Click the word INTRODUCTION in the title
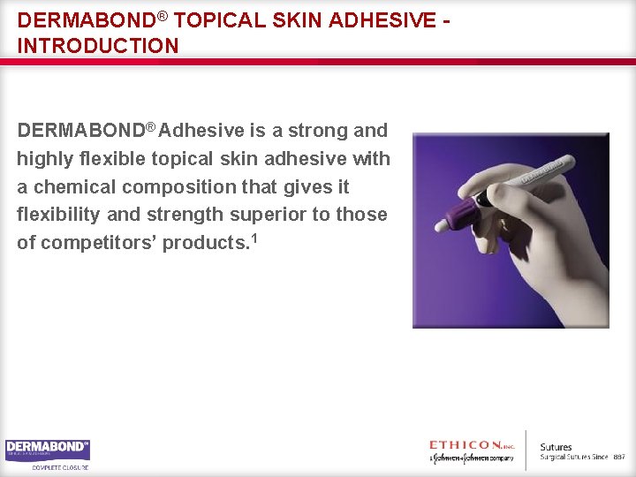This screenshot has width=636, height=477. (97, 45)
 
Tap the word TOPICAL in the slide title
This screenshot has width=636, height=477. (225, 19)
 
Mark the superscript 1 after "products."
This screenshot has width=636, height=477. (254, 237)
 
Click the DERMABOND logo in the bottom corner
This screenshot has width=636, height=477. (48, 450)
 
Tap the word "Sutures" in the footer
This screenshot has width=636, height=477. (556, 447)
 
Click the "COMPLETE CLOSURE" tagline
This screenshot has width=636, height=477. (60, 467)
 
